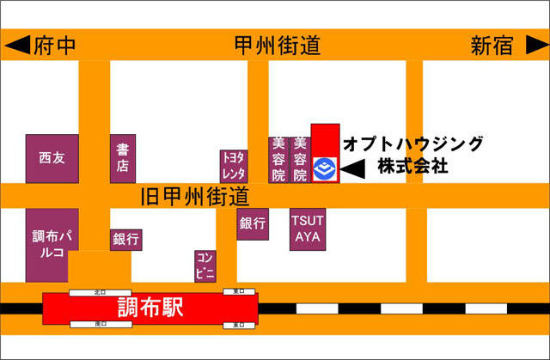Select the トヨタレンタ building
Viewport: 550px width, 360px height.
click(234, 165)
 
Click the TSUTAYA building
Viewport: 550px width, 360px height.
click(308, 229)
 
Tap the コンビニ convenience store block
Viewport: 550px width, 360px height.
click(205, 266)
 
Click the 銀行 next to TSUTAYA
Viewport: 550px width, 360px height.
click(253, 223)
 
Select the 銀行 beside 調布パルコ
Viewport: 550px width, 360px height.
click(125, 240)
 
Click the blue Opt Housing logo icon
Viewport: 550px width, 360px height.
click(325, 169)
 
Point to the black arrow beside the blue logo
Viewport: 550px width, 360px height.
click(353, 169)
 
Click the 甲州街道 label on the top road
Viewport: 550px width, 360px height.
click(277, 46)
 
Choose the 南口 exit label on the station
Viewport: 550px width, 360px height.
click(100, 325)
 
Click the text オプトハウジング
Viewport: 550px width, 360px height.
click(412, 143)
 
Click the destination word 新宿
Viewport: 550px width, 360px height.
click(492, 46)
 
